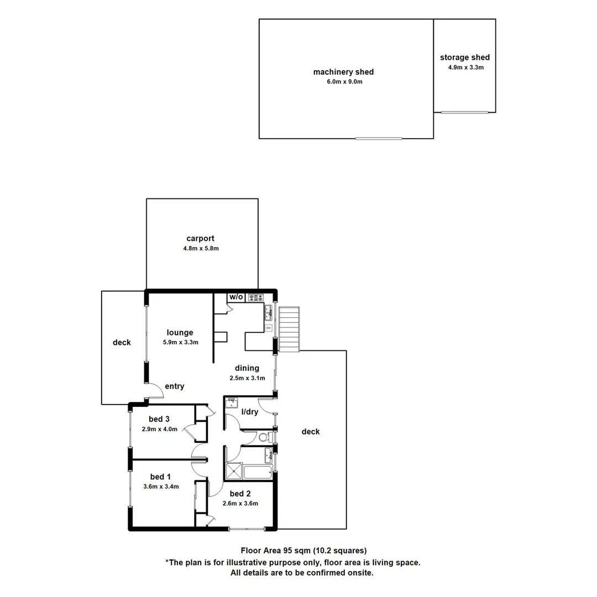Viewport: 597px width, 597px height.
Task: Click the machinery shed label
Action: (343, 72)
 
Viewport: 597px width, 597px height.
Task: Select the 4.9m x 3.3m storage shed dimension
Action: (465, 67)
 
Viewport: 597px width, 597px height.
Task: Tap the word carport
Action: (200, 239)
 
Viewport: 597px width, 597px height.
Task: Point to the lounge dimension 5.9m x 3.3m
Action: (180, 342)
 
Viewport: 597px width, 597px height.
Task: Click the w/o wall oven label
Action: (236, 297)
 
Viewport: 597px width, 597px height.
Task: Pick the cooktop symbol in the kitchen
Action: (255, 297)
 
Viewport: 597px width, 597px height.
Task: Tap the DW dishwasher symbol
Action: (269, 328)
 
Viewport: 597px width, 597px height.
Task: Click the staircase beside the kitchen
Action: (289, 329)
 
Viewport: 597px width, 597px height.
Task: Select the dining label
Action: (247, 368)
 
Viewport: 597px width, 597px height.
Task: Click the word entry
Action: (174, 386)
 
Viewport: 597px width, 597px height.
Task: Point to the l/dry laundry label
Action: (250, 412)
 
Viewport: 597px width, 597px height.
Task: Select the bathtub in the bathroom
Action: (258, 473)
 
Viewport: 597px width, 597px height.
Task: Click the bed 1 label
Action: (160, 476)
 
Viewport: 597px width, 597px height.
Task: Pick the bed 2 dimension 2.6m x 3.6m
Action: (240, 504)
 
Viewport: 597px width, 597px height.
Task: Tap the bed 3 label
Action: (159, 419)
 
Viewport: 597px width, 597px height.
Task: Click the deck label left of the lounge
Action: (122, 343)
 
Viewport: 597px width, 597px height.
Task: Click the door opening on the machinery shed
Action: (379, 138)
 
